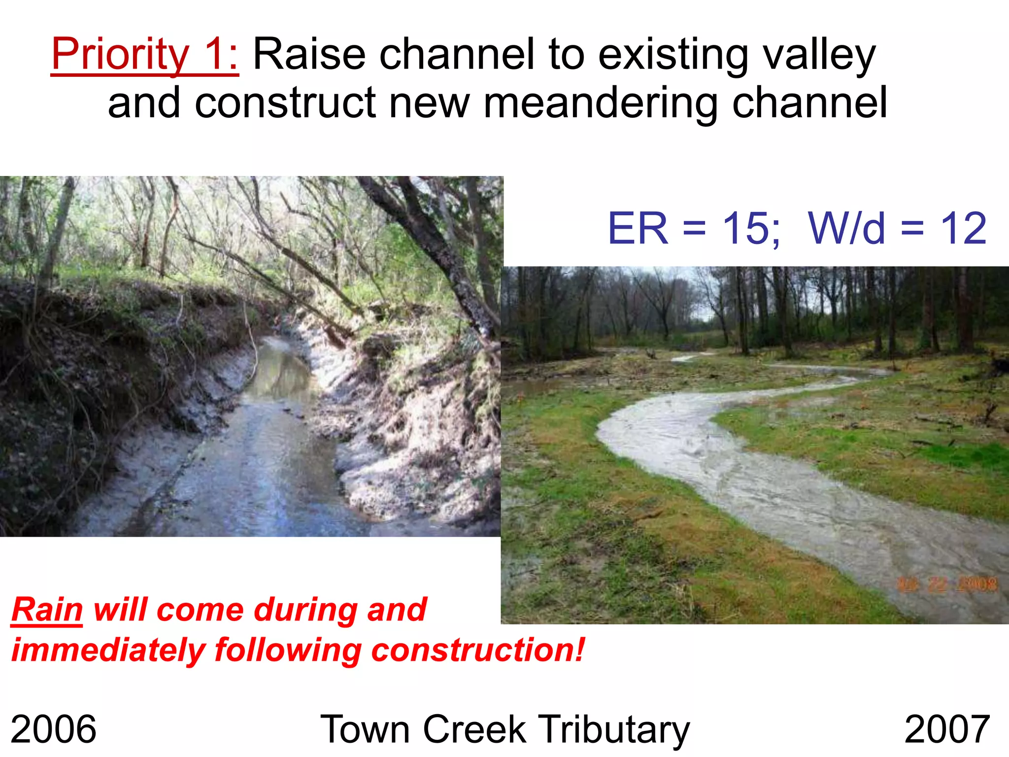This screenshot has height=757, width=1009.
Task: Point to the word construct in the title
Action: tap(285, 103)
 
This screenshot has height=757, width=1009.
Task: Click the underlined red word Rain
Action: tap(47, 610)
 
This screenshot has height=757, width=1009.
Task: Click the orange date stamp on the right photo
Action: tap(946, 585)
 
